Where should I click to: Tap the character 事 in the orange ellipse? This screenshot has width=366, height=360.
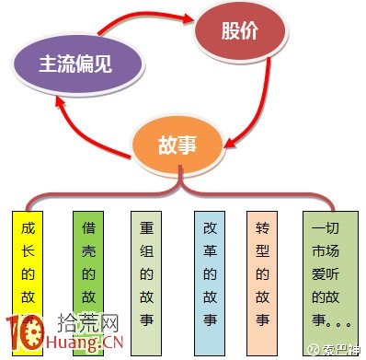pyautogui.click(x=189, y=145)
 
